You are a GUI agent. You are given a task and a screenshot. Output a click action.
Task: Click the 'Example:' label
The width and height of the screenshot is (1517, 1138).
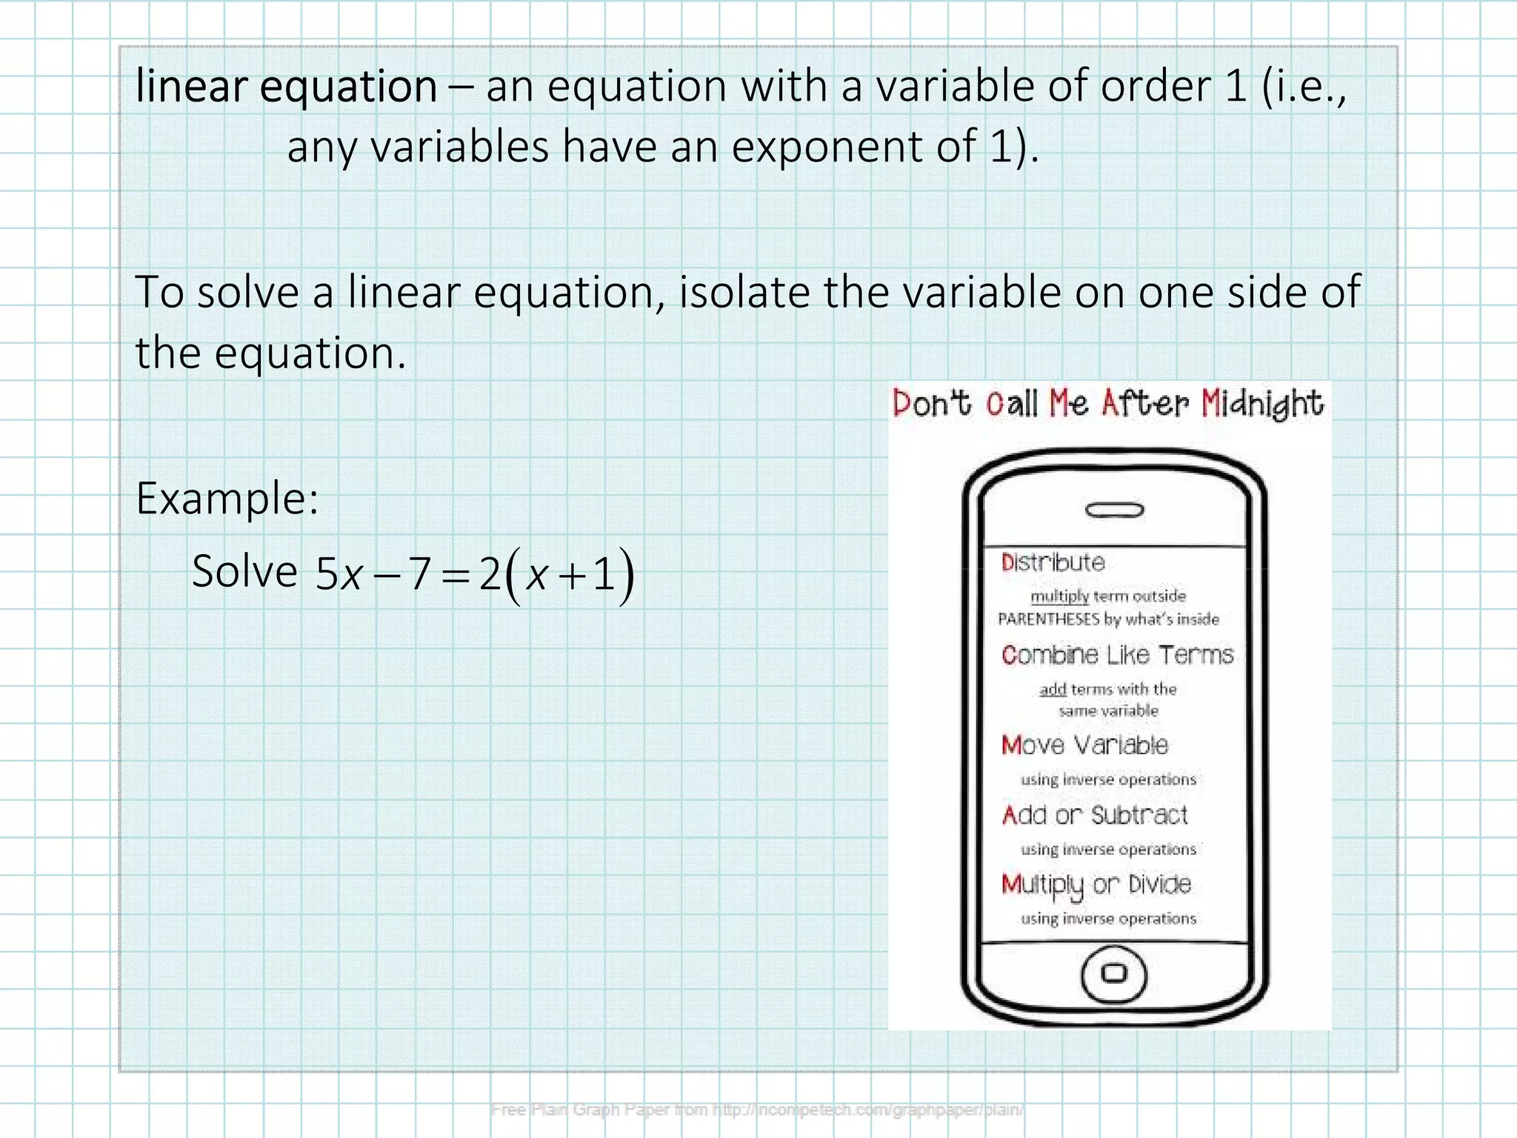tap(227, 499)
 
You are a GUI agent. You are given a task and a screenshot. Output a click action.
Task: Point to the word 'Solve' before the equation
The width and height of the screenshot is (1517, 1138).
tap(244, 571)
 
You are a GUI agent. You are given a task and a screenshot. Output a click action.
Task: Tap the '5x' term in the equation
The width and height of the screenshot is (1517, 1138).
tap(338, 574)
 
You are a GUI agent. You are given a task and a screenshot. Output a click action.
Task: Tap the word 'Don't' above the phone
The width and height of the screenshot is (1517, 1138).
tap(931, 404)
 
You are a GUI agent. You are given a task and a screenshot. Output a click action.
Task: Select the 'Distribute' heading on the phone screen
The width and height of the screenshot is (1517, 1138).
tap(1053, 562)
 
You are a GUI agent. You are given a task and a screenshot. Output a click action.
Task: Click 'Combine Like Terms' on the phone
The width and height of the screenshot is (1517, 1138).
tap(1117, 655)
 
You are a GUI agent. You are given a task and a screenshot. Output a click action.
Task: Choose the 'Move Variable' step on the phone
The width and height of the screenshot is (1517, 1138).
tap(1084, 745)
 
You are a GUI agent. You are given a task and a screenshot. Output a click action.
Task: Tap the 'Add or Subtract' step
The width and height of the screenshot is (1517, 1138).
tap(1095, 815)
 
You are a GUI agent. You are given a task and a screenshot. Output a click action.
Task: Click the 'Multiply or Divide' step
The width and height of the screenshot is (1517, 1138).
tap(1096, 885)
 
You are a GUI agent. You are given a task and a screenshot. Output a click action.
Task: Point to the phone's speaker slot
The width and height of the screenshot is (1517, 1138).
tap(1114, 510)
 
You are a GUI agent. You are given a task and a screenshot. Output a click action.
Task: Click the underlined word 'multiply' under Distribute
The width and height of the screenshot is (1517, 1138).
tap(1059, 596)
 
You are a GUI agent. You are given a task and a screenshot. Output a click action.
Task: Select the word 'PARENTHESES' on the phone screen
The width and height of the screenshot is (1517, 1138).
tap(1048, 619)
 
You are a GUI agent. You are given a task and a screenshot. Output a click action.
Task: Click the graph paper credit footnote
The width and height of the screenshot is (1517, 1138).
tap(757, 1109)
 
